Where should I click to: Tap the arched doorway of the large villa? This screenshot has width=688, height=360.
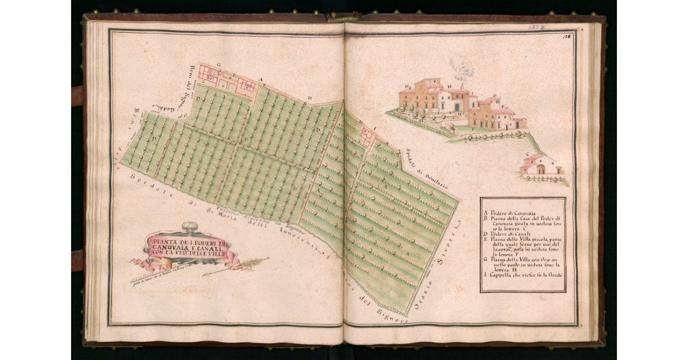(x=456, y=107)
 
